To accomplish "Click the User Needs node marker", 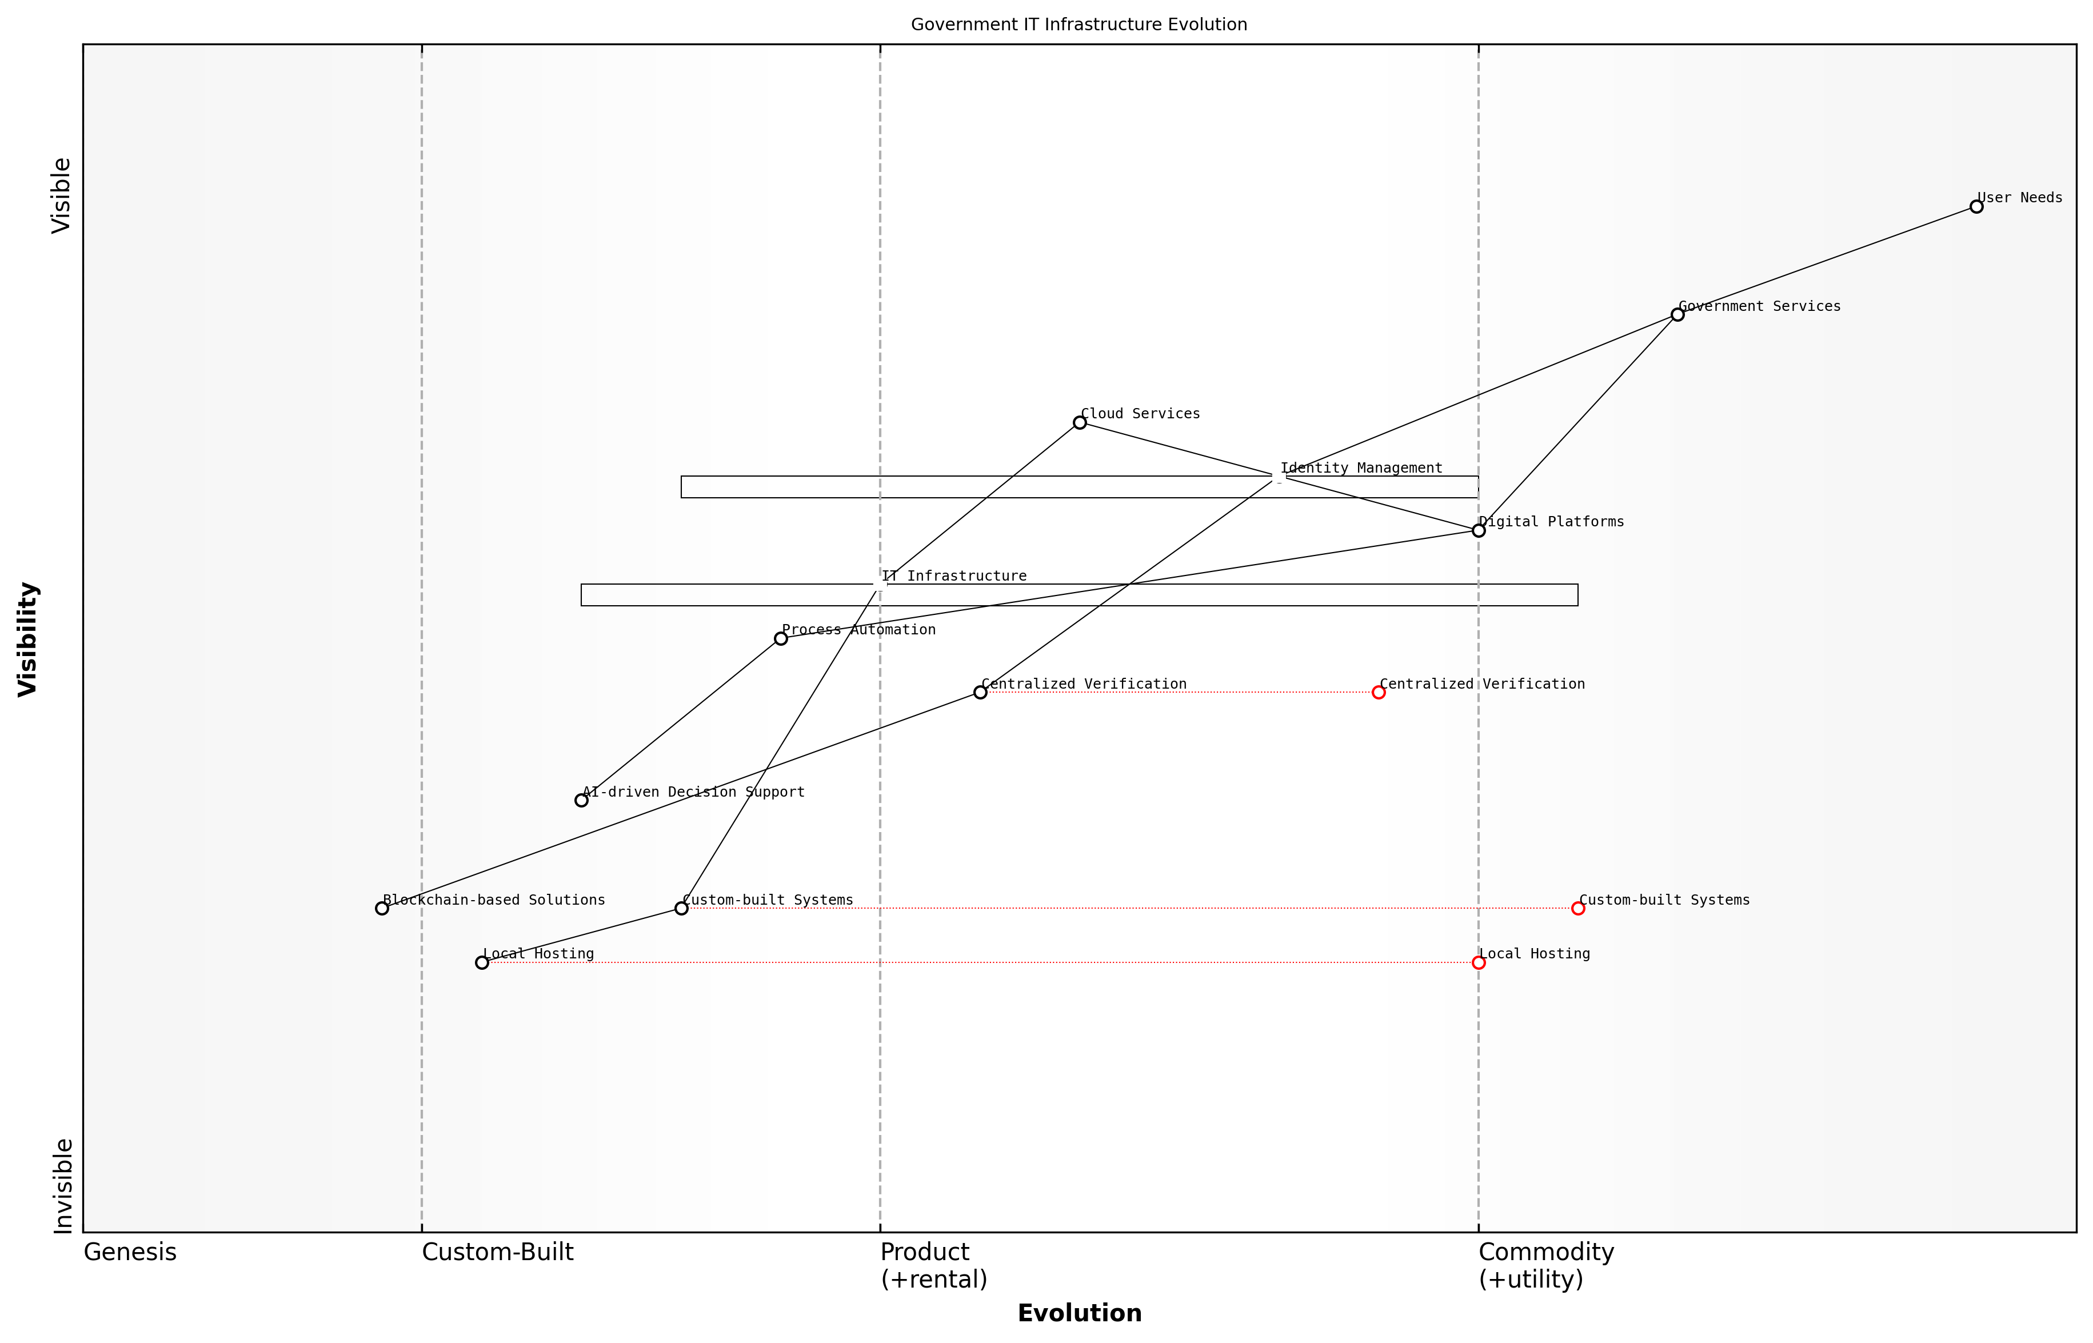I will [x=1976, y=207].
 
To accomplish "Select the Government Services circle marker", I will [x=1677, y=315].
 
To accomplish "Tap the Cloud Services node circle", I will [x=1080, y=423].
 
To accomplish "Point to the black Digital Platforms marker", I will [x=1478, y=530].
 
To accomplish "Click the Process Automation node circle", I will [x=781, y=638].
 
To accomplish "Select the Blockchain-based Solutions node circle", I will [x=382, y=908].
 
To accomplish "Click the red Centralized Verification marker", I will [x=1379, y=693].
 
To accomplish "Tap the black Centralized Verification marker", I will [x=980, y=693].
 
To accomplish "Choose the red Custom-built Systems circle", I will [x=1577, y=908].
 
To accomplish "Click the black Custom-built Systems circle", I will [x=681, y=908].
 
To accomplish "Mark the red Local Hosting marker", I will [x=1478, y=963].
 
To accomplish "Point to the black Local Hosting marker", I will [x=481, y=963].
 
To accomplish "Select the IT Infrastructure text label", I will [x=953, y=577].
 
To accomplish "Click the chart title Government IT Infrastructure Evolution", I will [x=1079, y=25].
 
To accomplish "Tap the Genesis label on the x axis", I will [x=130, y=1252].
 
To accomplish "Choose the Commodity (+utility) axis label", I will [x=1545, y=1265].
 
